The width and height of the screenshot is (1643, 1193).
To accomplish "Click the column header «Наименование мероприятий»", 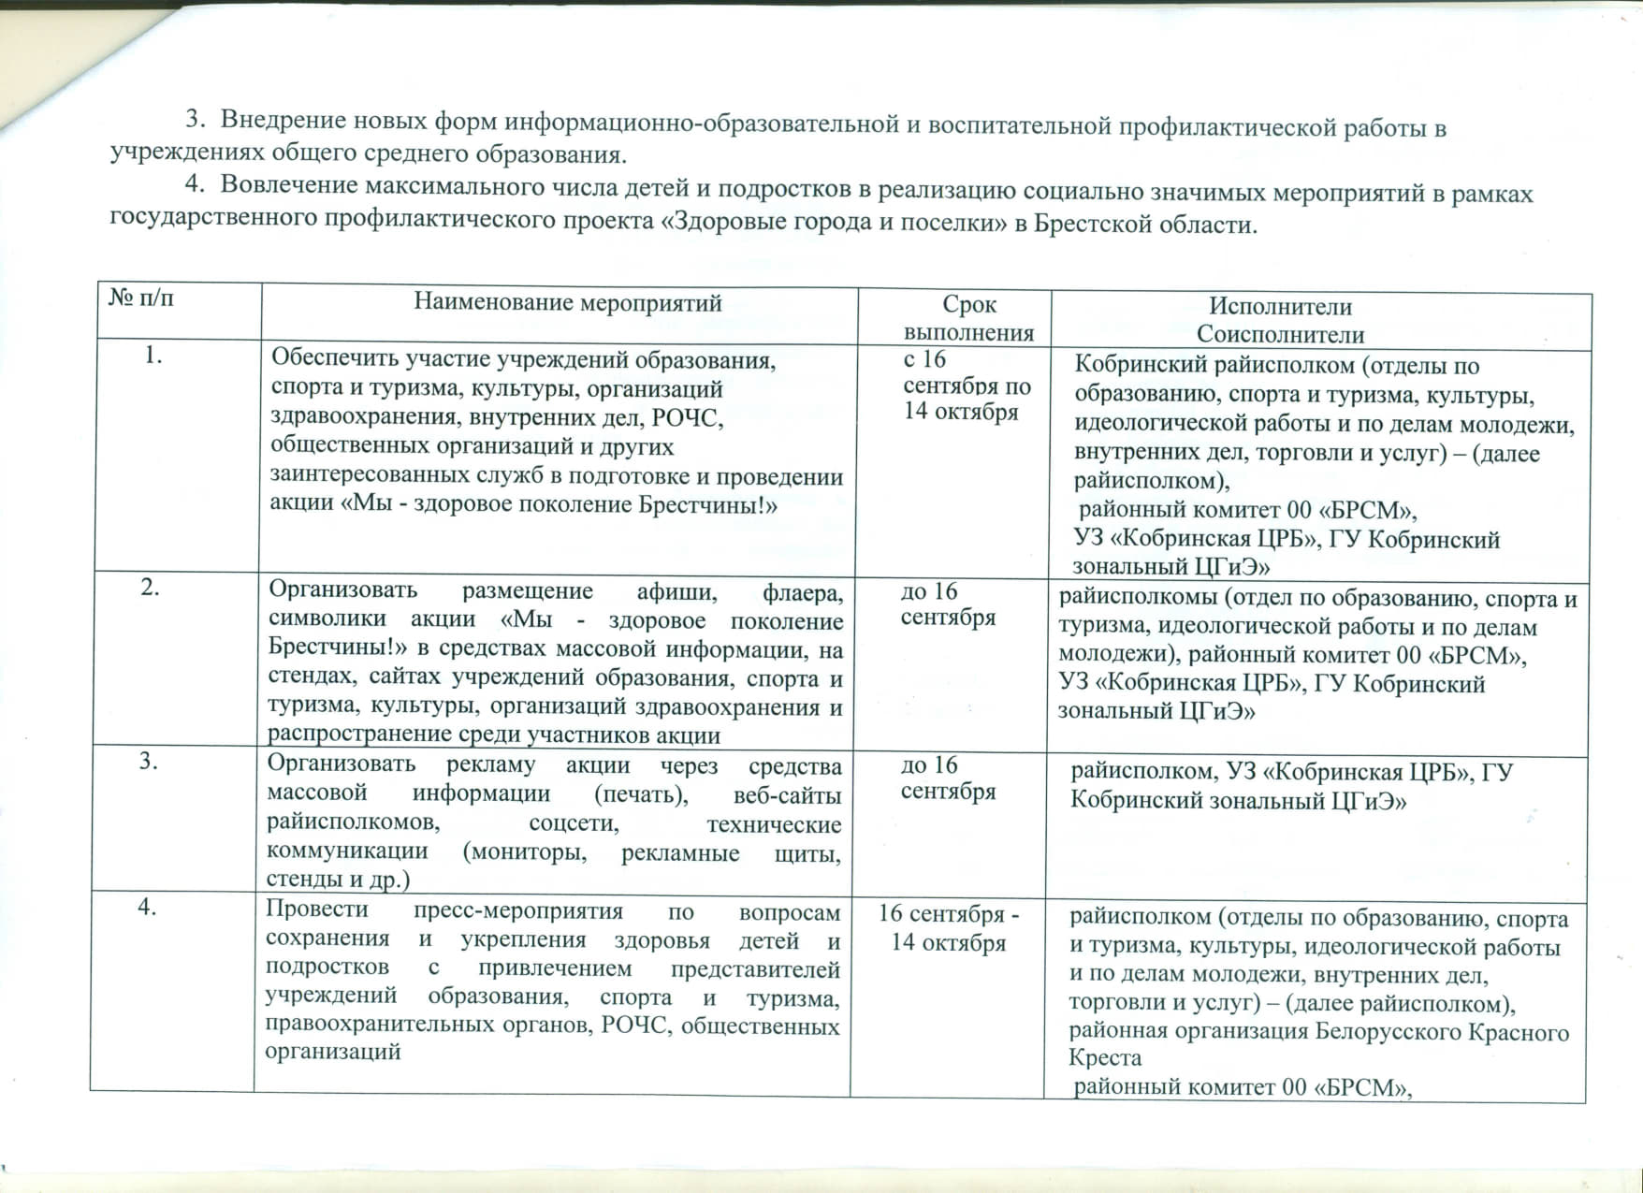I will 568,303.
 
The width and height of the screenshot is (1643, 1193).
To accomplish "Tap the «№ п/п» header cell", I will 141,298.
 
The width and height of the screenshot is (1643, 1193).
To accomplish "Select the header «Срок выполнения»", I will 969,318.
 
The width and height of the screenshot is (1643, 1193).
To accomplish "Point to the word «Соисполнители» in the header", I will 1280,334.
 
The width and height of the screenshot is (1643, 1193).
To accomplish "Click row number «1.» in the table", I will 154,356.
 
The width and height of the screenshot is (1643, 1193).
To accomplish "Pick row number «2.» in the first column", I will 150,588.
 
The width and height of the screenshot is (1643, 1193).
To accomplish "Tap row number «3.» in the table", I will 149,761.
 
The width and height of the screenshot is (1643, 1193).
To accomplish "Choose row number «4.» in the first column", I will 147,908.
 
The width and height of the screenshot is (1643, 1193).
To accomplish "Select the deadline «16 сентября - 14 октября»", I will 949,927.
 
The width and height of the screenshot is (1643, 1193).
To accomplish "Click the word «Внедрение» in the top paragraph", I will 280,122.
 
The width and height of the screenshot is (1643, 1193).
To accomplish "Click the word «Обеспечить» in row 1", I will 328,359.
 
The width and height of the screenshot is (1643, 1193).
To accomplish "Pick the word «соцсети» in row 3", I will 574,823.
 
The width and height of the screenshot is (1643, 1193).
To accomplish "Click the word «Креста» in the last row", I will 1105,1058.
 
